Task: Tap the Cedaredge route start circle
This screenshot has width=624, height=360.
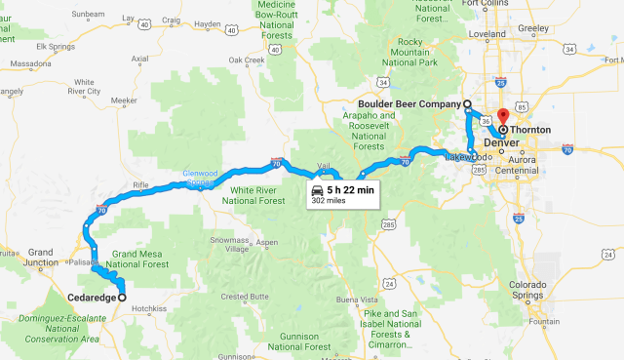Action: click(x=122, y=297)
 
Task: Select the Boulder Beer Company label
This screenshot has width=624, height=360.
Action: click(x=410, y=104)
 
